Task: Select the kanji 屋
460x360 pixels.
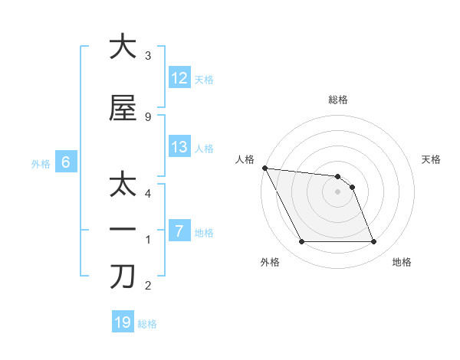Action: (x=123, y=108)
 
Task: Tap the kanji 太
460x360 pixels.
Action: (x=123, y=186)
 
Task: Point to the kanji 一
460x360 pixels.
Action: (x=123, y=230)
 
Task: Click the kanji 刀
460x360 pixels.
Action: (x=123, y=277)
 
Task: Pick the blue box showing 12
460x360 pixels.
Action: (x=179, y=78)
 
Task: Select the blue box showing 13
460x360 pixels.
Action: (x=179, y=147)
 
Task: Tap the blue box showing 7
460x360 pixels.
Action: (x=179, y=231)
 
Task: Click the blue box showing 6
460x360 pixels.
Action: (x=66, y=162)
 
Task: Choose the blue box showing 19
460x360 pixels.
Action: (x=123, y=322)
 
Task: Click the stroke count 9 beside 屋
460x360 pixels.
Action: (x=148, y=116)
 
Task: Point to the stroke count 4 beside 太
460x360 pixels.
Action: (x=148, y=193)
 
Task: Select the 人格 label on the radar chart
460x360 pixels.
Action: (x=245, y=159)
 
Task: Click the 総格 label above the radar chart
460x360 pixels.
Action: (x=338, y=100)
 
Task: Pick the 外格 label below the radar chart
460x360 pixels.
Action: (x=269, y=262)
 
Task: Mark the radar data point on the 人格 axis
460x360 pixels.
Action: (x=264, y=168)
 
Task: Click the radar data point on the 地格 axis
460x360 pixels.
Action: (x=373, y=242)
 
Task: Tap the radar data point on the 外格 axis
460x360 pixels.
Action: (x=301, y=242)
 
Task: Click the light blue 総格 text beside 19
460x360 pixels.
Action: (x=147, y=323)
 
